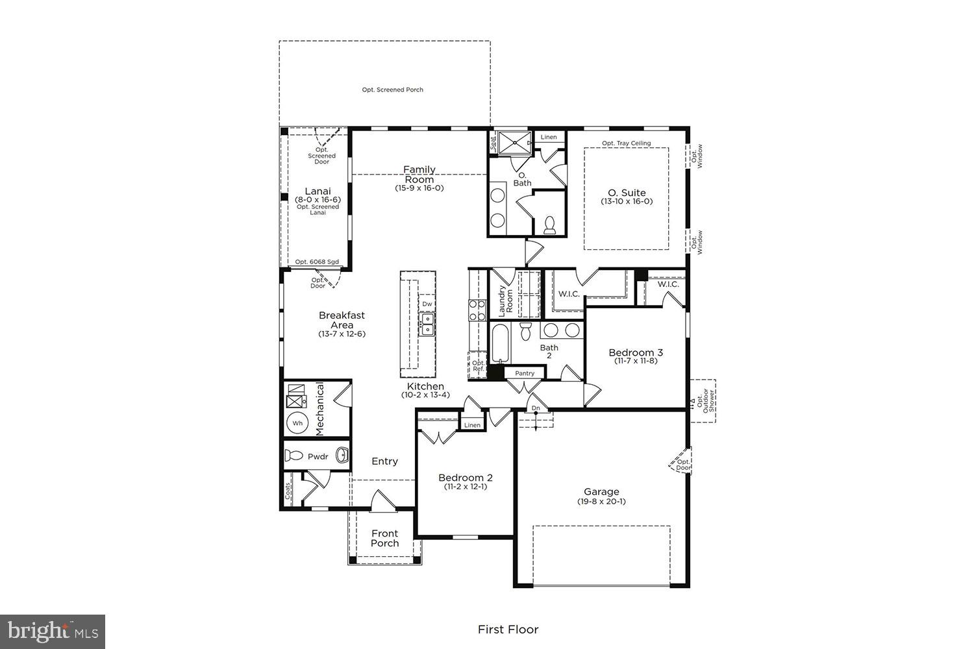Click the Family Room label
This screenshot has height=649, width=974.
[419, 175]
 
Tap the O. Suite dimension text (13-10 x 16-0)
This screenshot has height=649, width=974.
[627, 202]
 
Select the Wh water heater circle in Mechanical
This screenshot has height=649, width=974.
[297, 423]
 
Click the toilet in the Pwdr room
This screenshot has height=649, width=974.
[294, 456]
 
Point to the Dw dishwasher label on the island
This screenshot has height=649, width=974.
[427, 304]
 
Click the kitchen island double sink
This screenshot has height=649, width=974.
[427, 324]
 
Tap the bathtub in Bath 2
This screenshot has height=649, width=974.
[499, 343]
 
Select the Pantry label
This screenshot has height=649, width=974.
[525, 373]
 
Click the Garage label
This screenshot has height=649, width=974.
[601, 492]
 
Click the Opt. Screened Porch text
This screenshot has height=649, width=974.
[392, 90]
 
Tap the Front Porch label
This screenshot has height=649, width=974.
[384, 538]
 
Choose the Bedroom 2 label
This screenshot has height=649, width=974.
[465, 478]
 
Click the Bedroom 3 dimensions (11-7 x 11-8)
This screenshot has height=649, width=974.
[636, 361]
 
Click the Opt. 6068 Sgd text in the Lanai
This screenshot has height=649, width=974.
[317, 262]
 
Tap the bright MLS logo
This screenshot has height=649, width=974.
[53, 631]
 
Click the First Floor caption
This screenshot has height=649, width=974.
[508, 629]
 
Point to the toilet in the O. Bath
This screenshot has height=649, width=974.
[550, 225]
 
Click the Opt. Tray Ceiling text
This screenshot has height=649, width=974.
[626, 143]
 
